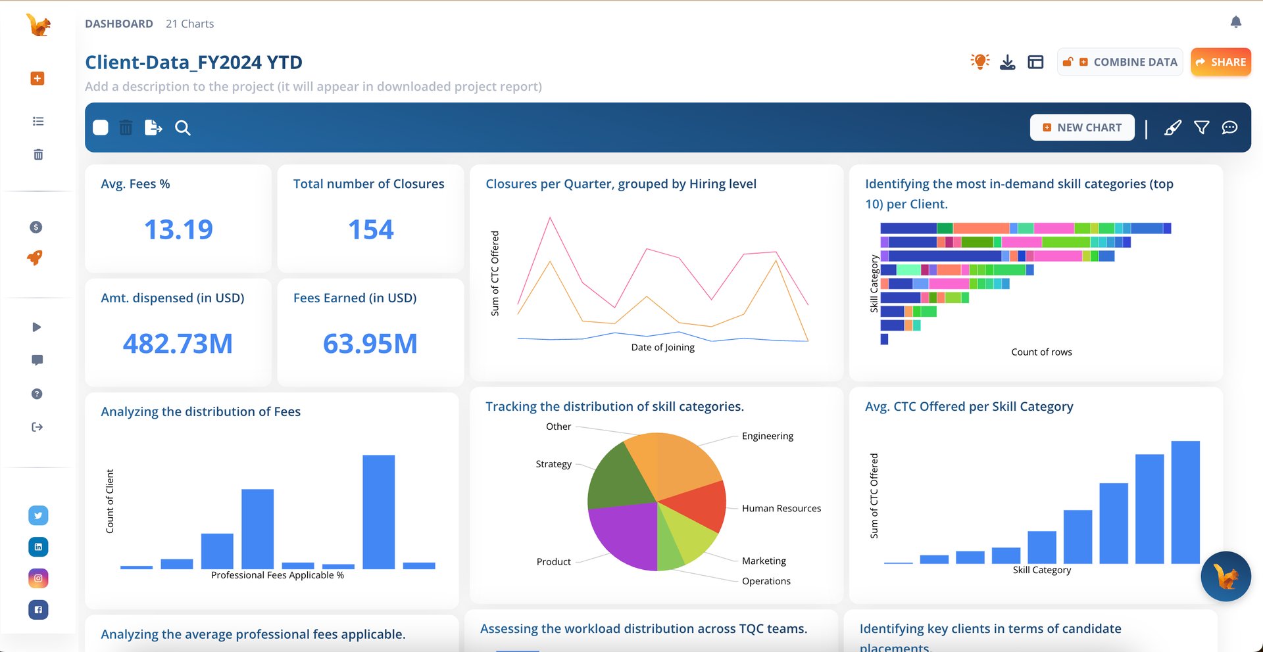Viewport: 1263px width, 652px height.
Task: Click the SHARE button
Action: point(1220,62)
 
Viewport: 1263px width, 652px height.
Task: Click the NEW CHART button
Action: point(1082,128)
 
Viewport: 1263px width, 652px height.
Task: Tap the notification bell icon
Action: point(1235,22)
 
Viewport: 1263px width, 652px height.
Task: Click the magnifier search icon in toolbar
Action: point(183,128)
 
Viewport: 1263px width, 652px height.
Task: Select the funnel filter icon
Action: point(1201,128)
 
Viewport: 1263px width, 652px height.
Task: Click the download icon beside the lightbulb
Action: point(1007,62)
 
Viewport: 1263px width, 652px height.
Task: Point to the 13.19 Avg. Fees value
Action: point(178,229)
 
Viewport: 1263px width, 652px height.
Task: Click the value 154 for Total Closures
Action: point(370,229)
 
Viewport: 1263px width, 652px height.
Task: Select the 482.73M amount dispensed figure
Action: point(178,344)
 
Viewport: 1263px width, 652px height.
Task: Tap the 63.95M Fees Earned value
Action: point(370,344)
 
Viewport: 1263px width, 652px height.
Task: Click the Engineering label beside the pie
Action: point(767,436)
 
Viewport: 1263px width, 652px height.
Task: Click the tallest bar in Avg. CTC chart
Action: point(1185,502)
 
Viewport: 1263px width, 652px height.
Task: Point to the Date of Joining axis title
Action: point(662,347)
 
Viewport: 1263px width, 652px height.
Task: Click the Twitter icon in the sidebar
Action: point(38,515)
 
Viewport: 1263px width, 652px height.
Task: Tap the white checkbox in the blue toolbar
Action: point(101,128)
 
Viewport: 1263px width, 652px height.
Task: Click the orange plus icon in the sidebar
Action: point(37,78)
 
